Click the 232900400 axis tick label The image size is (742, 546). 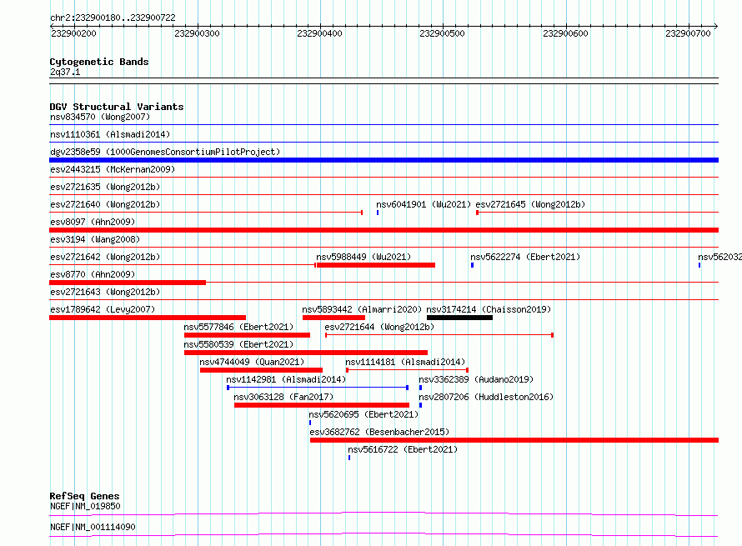[x=319, y=33]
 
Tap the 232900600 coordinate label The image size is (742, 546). [x=565, y=33]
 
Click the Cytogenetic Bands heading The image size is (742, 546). [x=99, y=62]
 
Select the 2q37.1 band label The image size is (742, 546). [x=65, y=72]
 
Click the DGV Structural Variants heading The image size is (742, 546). [x=117, y=107]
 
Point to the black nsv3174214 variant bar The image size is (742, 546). [x=459, y=318]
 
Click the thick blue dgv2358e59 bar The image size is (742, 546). [x=384, y=160]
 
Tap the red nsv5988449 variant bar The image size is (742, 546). [x=376, y=265]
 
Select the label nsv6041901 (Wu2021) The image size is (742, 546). [x=424, y=204]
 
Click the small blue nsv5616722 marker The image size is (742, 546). [x=349, y=458]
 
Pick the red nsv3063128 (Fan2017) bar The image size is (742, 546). [x=322, y=405]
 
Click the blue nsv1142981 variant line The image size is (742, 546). [x=318, y=388]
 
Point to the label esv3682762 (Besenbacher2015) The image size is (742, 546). [x=379, y=432]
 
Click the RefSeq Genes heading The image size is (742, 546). [x=84, y=496]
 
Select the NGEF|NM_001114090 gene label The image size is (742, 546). [x=93, y=527]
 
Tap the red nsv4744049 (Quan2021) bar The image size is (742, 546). [x=261, y=370]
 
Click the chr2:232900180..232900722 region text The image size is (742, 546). [x=113, y=18]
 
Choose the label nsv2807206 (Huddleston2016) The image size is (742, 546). [x=486, y=397]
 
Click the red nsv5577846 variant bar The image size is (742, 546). [x=247, y=335]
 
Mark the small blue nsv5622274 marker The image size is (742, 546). [x=472, y=265]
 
